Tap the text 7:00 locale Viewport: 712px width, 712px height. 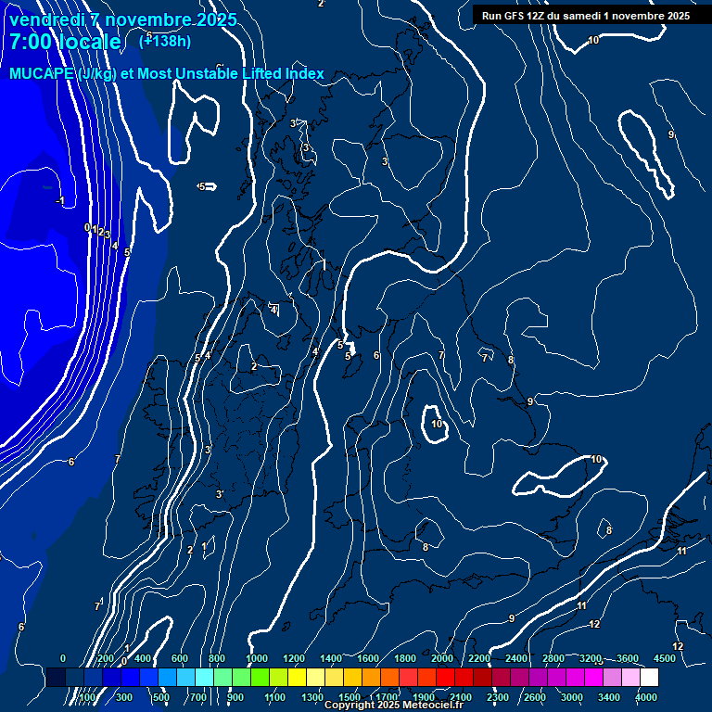(x=65, y=42)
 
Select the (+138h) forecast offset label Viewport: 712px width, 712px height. (x=165, y=41)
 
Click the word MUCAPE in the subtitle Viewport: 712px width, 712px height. (x=43, y=74)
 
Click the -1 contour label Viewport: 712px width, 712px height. (x=60, y=201)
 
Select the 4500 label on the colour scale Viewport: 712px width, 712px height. (x=665, y=658)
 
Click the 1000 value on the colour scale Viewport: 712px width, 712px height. (x=256, y=658)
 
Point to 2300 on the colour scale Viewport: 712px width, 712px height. (x=498, y=697)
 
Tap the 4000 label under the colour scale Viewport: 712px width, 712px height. (x=646, y=697)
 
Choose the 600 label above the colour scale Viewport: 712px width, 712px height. (x=180, y=658)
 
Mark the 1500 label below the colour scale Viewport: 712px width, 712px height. (x=350, y=697)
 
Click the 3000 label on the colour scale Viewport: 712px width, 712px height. (x=572, y=697)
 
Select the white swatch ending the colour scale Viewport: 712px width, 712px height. (x=649, y=678)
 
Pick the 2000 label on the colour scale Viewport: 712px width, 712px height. (x=442, y=658)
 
